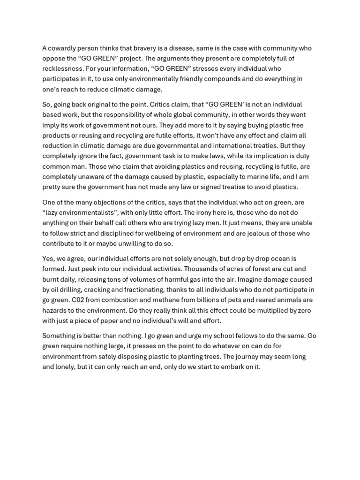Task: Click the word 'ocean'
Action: [277, 258]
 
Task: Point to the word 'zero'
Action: [303, 310]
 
